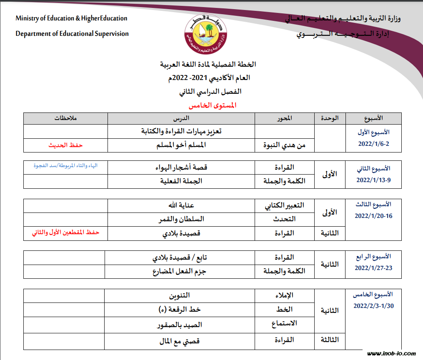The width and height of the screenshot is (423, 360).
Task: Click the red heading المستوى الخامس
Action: point(213,105)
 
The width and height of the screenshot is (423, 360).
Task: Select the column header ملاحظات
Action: point(66,118)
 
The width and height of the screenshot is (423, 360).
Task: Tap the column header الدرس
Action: point(181,118)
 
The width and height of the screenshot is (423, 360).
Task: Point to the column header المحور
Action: point(284,118)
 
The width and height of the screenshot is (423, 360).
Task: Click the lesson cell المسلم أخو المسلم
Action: point(180,145)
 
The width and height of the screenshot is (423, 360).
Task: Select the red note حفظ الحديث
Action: point(66,145)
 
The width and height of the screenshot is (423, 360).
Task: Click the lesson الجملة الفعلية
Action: point(181,181)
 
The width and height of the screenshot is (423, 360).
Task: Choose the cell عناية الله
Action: point(181,205)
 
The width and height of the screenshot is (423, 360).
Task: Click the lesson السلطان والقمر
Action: point(180,219)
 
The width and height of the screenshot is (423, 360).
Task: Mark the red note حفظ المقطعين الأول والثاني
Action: point(66,233)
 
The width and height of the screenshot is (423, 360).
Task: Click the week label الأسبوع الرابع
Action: point(373,257)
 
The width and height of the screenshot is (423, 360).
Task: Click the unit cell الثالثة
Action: point(329,340)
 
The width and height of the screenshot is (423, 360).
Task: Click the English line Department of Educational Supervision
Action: point(72,34)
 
